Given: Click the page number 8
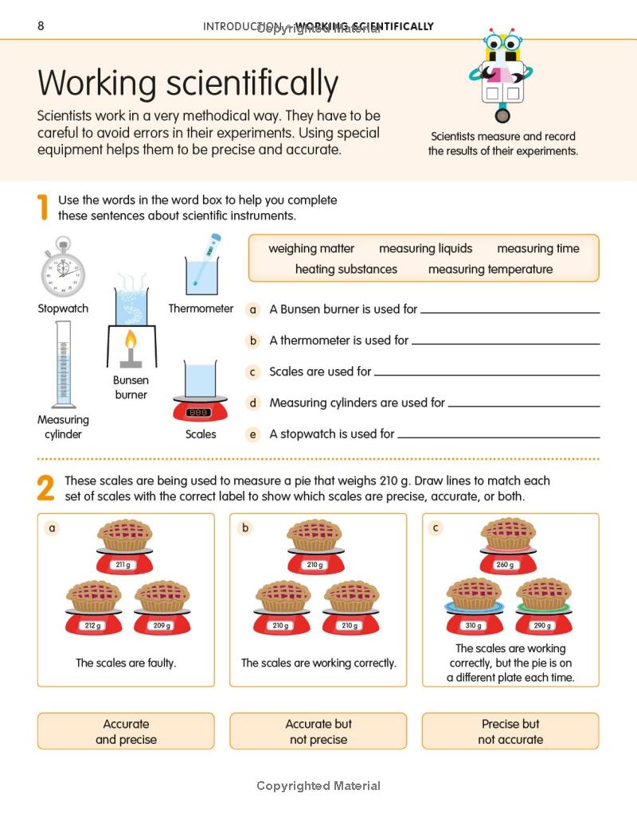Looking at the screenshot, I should pos(41,26).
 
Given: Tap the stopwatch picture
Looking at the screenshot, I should pos(63,268).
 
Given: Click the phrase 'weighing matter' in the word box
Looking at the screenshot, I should pos(311,248).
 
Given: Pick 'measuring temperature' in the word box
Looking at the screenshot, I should pos(490,269).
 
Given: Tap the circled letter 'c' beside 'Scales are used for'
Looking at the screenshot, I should pos(253,371).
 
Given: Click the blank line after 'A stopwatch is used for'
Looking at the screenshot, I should pos(498,436).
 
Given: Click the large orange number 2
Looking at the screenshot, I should pos(46,488).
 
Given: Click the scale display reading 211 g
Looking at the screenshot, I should pos(123,565).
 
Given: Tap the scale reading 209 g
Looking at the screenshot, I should pos(162,625).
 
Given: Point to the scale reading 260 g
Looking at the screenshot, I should pos(506,565).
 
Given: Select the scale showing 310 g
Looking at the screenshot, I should pos(473,625).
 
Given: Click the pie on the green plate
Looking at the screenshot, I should pos(544,594).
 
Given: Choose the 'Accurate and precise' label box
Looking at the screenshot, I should pos(126,731).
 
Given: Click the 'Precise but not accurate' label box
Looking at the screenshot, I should pos(510,731).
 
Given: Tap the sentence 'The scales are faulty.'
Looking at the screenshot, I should pos(126,663).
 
